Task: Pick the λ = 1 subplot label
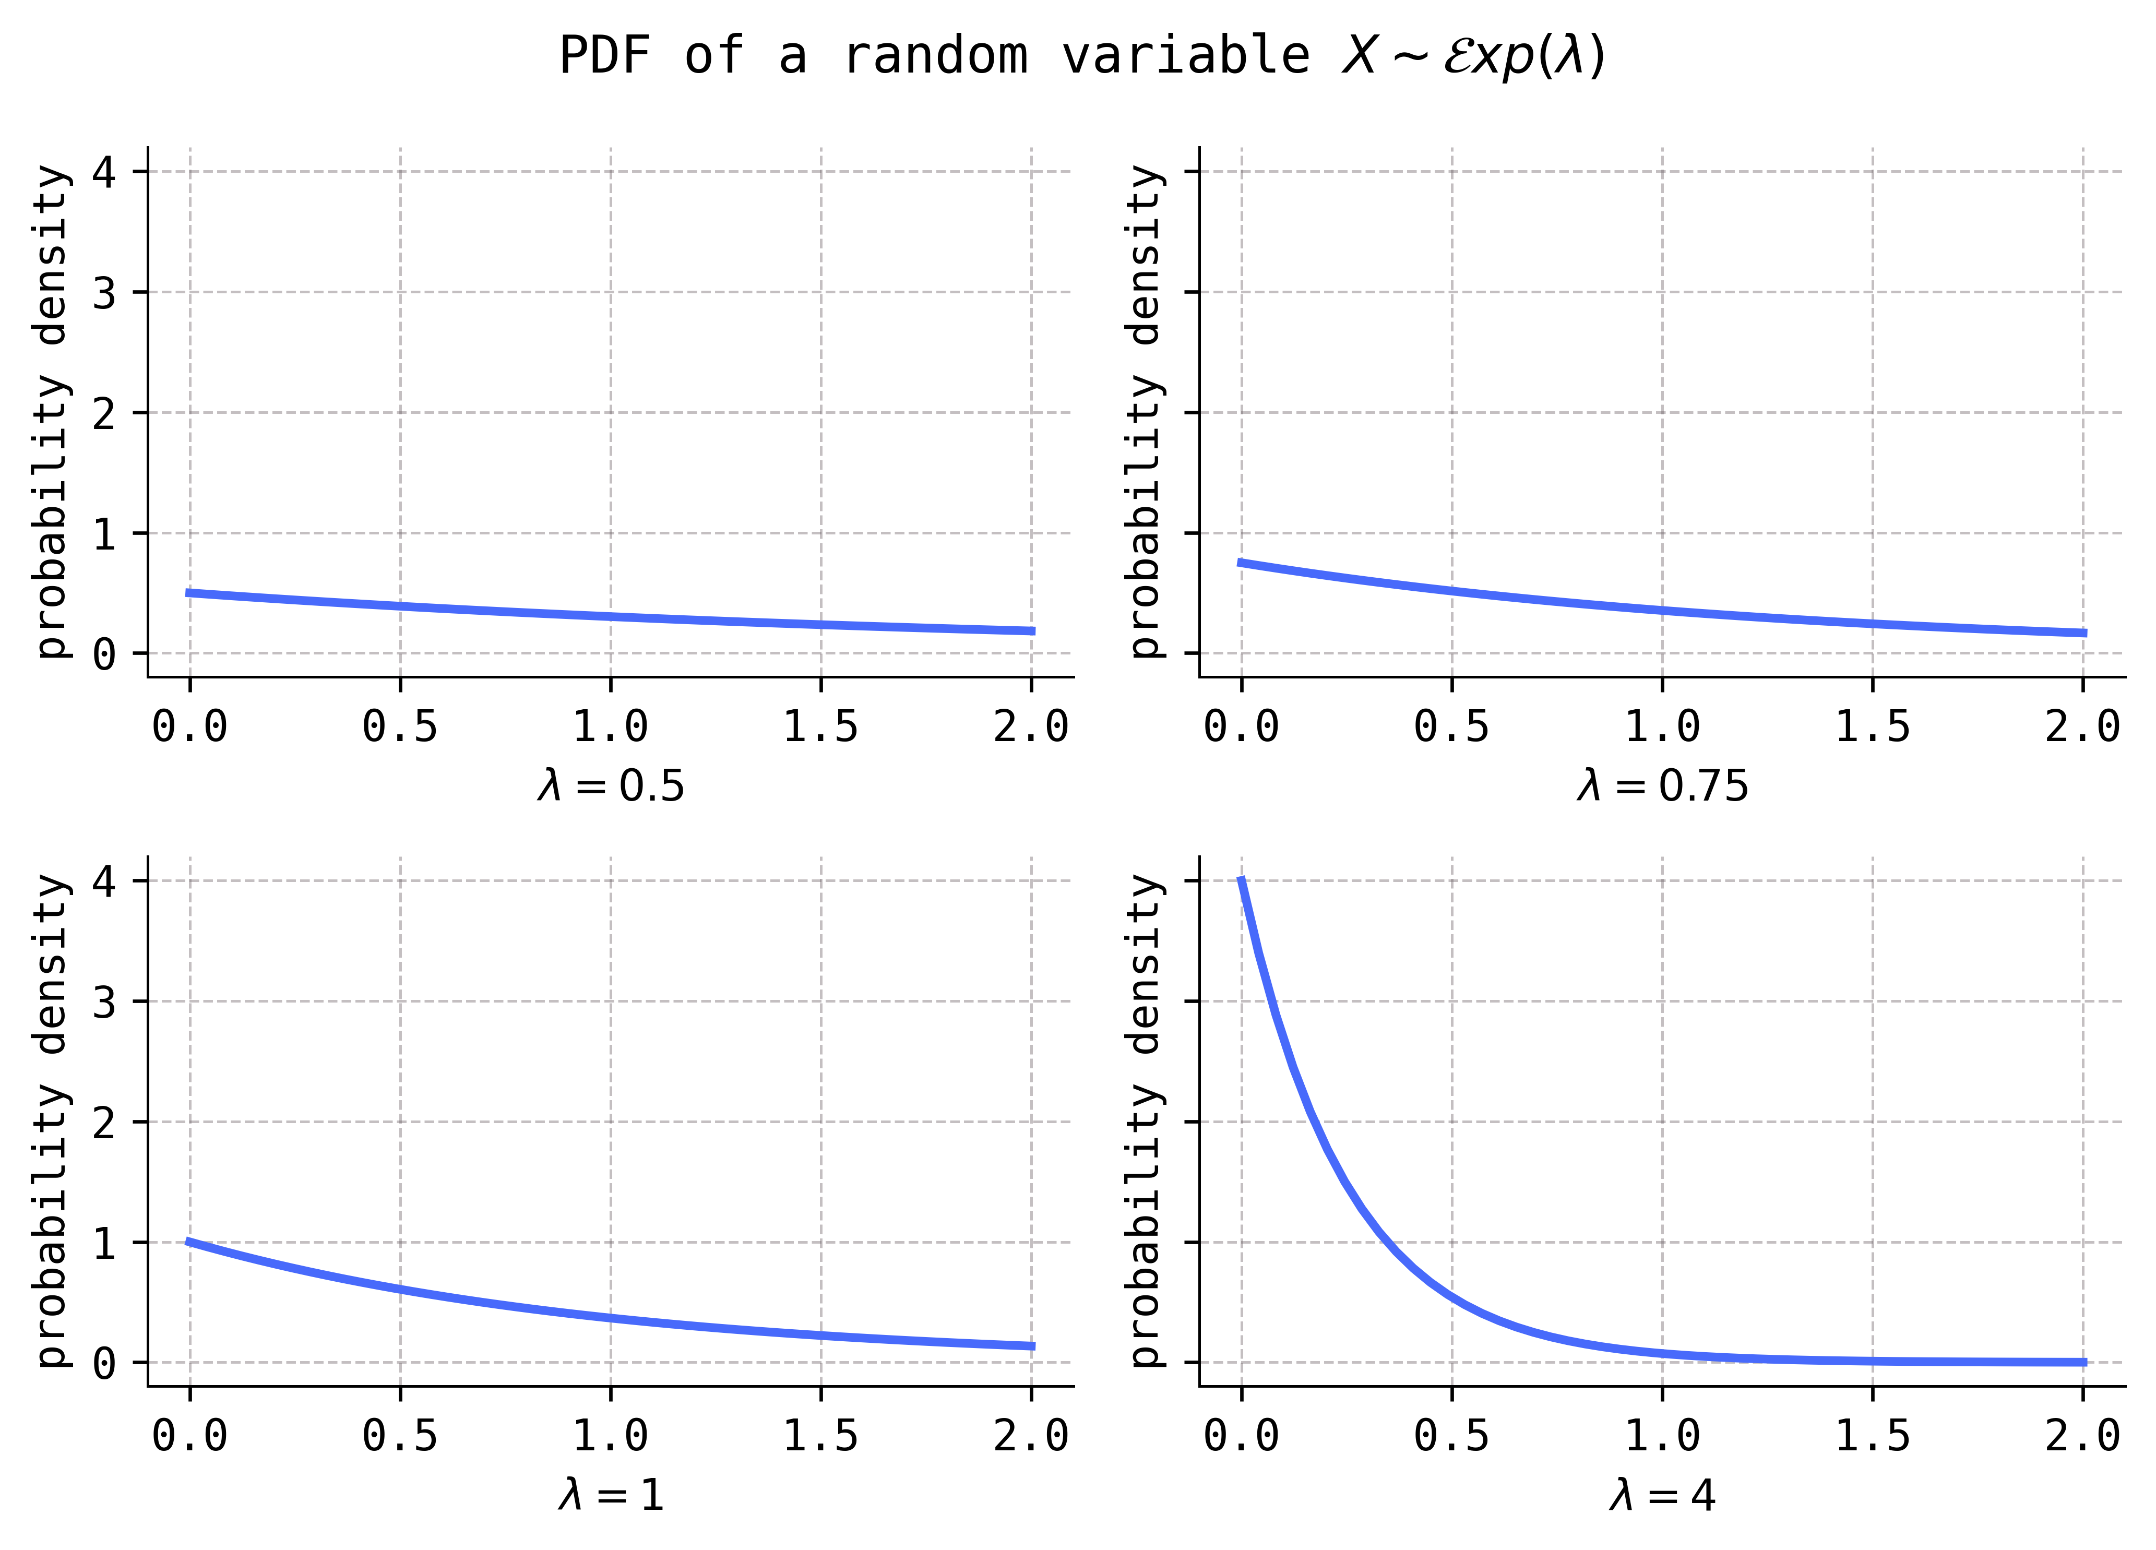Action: point(610,1495)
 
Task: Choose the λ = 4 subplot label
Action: point(1662,1495)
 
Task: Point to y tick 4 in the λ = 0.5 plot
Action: point(104,173)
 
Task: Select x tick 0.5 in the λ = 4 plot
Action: point(1451,1436)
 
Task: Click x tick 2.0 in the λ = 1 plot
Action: point(1031,1436)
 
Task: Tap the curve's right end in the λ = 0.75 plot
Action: point(2083,633)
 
